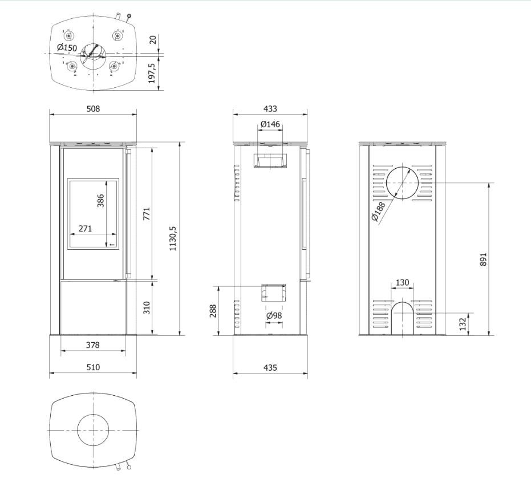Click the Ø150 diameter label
[x=67, y=47]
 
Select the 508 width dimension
[x=93, y=109]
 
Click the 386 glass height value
[x=101, y=202]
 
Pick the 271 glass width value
[x=85, y=228]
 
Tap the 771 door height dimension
[x=146, y=214]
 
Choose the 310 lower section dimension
[x=146, y=308]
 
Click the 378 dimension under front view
[x=92, y=344]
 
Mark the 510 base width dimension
[x=92, y=367]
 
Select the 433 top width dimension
[x=270, y=109]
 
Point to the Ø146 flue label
[x=270, y=124]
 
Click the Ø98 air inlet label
[x=274, y=315]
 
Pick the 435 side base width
[x=270, y=368]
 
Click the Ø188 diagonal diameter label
[x=378, y=211]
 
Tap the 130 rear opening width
[x=403, y=282]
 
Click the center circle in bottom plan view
[x=93, y=429]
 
